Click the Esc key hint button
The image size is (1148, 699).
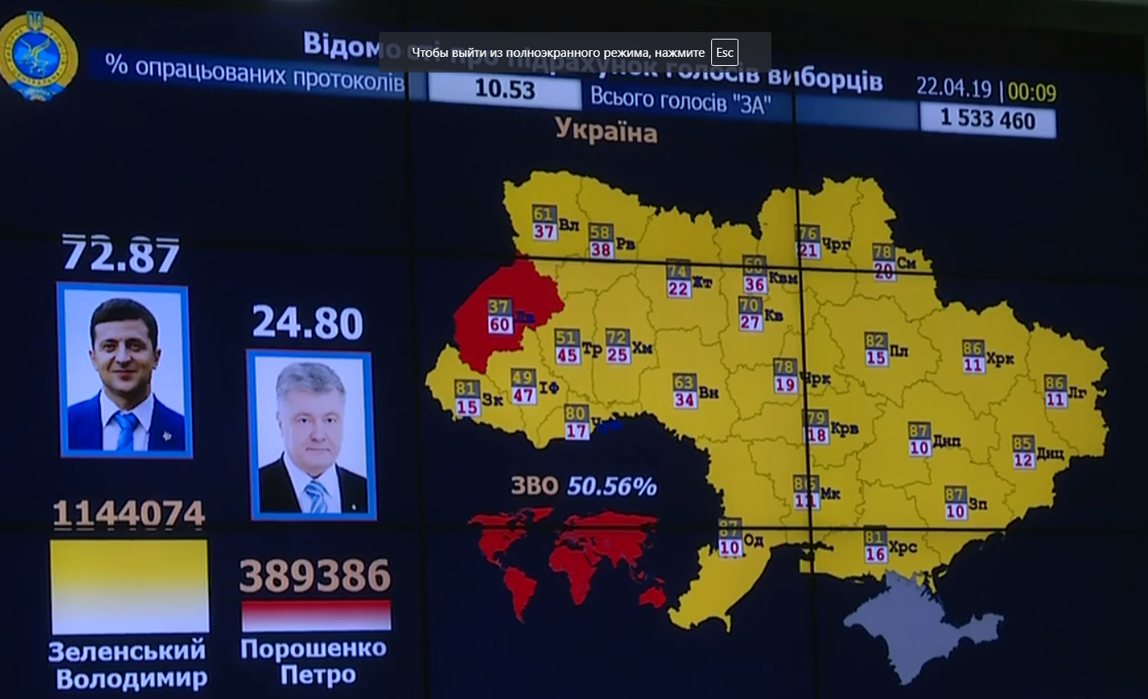pyautogui.click(x=724, y=53)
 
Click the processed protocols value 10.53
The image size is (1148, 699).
pyautogui.click(x=505, y=90)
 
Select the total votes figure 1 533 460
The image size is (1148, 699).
pyautogui.click(x=988, y=120)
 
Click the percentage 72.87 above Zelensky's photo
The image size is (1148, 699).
pyautogui.click(x=121, y=255)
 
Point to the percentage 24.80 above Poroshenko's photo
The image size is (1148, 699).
pyautogui.click(x=307, y=323)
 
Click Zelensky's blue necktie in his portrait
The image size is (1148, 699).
pyautogui.click(x=127, y=429)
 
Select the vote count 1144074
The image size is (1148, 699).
pyautogui.click(x=129, y=515)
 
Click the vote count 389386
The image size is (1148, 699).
pyautogui.click(x=315, y=576)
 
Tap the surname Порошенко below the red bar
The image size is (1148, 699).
pyautogui.click(x=313, y=649)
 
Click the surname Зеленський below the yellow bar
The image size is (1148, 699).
pyautogui.click(x=127, y=651)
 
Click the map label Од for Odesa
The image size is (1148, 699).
pyautogui.click(x=753, y=541)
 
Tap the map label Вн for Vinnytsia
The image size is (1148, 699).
pyautogui.click(x=708, y=392)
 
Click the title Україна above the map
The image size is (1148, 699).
pyautogui.click(x=606, y=130)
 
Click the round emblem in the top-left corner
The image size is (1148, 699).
pyautogui.click(x=37, y=56)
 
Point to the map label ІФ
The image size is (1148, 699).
pyautogui.click(x=549, y=386)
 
